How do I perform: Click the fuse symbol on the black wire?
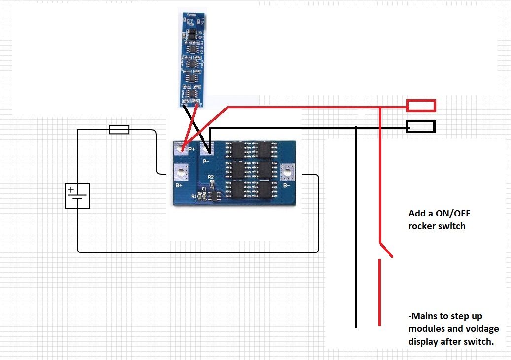click(119, 130)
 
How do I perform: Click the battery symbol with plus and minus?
click(77, 196)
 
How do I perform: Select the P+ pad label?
click(191, 148)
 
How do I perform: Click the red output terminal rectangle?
click(421, 106)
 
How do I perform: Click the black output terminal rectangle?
click(420, 127)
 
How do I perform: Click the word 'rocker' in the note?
click(423, 226)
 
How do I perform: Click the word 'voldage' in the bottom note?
click(476, 328)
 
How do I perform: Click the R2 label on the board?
click(211, 176)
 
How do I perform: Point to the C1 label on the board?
click(204, 189)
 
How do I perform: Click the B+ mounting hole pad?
click(182, 173)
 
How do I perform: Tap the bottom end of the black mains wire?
click(355, 326)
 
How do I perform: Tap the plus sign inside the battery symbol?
click(71, 189)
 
